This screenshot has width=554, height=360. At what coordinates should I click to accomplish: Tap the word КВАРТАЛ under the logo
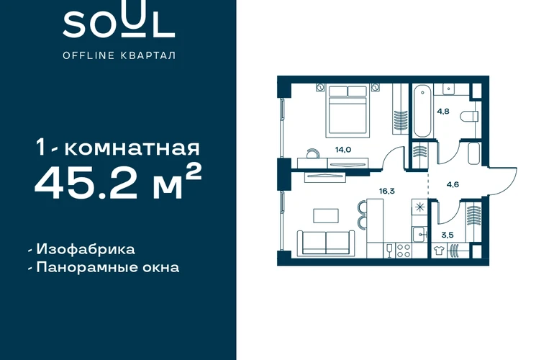pyautogui.click(x=148, y=55)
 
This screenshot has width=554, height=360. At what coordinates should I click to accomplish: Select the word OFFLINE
pyautogui.click(x=88, y=55)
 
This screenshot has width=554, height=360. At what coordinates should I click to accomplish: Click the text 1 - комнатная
pyautogui.click(x=118, y=148)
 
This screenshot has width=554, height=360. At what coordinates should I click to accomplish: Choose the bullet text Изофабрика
pyautogui.click(x=86, y=249)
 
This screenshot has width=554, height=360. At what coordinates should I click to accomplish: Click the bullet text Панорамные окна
pyautogui.click(x=108, y=267)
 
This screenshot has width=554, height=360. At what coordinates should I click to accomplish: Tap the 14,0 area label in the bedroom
pyautogui.click(x=343, y=150)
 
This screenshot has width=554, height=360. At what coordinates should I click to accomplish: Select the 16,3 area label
pyautogui.click(x=387, y=192)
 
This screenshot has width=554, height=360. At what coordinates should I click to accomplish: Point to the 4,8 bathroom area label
pyautogui.click(x=443, y=112)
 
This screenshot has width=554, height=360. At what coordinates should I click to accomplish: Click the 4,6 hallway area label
pyautogui.click(x=453, y=184)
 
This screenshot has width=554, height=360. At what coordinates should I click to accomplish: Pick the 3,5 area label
pyautogui.click(x=448, y=235)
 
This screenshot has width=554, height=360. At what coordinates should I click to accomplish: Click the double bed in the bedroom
pyautogui.click(x=348, y=110)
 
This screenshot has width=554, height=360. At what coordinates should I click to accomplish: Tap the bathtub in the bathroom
pyautogui.click(x=422, y=110)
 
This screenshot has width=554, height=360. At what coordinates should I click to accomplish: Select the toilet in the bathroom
pyautogui.click(x=469, y=116)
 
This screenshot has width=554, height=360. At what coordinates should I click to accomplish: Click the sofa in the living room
pyautogui.click(x=326, y=243)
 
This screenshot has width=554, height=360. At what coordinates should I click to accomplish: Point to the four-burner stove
pyautogui.click(x=404, y=251)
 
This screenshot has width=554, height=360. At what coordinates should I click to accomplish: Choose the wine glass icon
pyautogui.click(x=390, y=251)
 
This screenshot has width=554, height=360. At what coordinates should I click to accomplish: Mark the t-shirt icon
pyautogui.click(x=439, y=251)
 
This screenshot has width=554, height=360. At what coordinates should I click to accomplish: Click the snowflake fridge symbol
pyautogui.click(x=420, y=207)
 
